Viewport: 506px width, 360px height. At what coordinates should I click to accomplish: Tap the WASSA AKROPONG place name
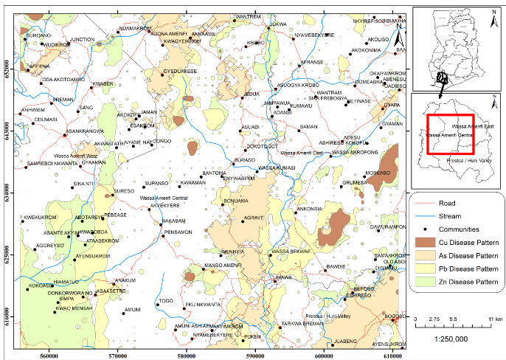[x=355, y=152]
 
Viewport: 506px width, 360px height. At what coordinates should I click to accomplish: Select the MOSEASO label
[x=377, y=172]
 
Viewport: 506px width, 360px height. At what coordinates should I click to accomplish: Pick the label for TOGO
[x=166, y=300]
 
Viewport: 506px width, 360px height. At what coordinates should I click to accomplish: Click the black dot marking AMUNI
[x=122, y=313]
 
